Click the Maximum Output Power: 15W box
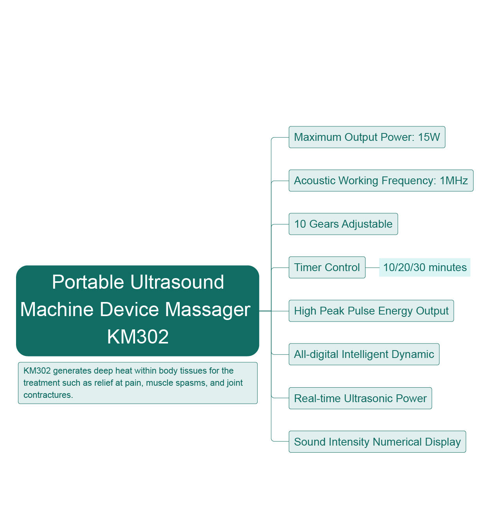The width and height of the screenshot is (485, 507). (367, 137)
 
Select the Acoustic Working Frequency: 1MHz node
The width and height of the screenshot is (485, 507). (381, 181)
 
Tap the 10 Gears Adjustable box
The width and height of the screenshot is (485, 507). (343, 224)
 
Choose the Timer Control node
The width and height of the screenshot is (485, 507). (327, 268)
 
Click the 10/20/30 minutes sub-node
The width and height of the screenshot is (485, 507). (425, 268)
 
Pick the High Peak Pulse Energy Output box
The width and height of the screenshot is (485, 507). (371, 311)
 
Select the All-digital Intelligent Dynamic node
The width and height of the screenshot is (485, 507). (364, 354)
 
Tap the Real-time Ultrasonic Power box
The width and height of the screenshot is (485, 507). (360, 398)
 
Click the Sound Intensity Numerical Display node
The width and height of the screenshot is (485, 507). (377, 442)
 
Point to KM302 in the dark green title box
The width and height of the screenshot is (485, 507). (138, 337)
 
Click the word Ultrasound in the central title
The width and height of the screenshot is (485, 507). (177, 282)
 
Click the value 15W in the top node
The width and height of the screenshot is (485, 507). (429, 137)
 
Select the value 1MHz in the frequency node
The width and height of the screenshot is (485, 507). (454, 181)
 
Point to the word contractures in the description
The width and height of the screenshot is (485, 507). (48, 395)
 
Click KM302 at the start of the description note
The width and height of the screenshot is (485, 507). (37, 371)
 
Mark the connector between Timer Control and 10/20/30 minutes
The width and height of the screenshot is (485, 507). (372, 268)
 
